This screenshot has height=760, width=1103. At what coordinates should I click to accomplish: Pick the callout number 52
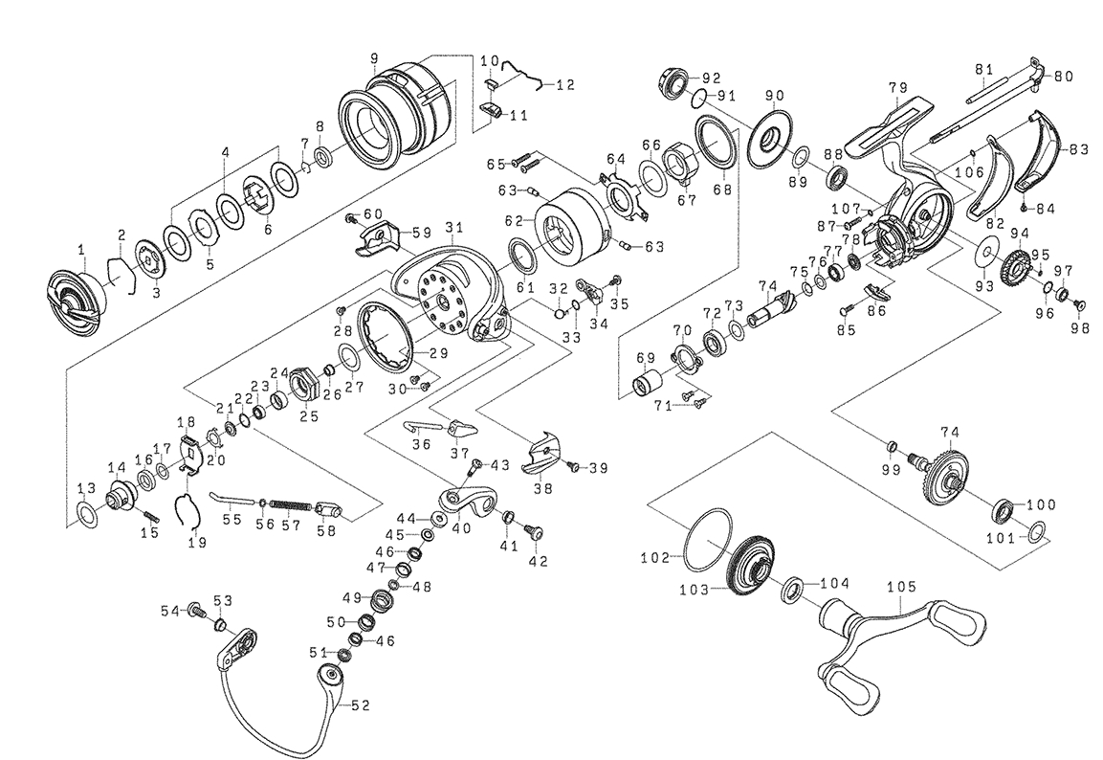(361, 705)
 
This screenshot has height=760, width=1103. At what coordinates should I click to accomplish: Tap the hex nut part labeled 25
(302, 385)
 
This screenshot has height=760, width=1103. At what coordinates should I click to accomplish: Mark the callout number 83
(1079, 149)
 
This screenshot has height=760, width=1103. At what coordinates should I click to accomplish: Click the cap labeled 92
(674, 80)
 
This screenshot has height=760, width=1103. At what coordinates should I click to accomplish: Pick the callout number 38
(541, 486)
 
